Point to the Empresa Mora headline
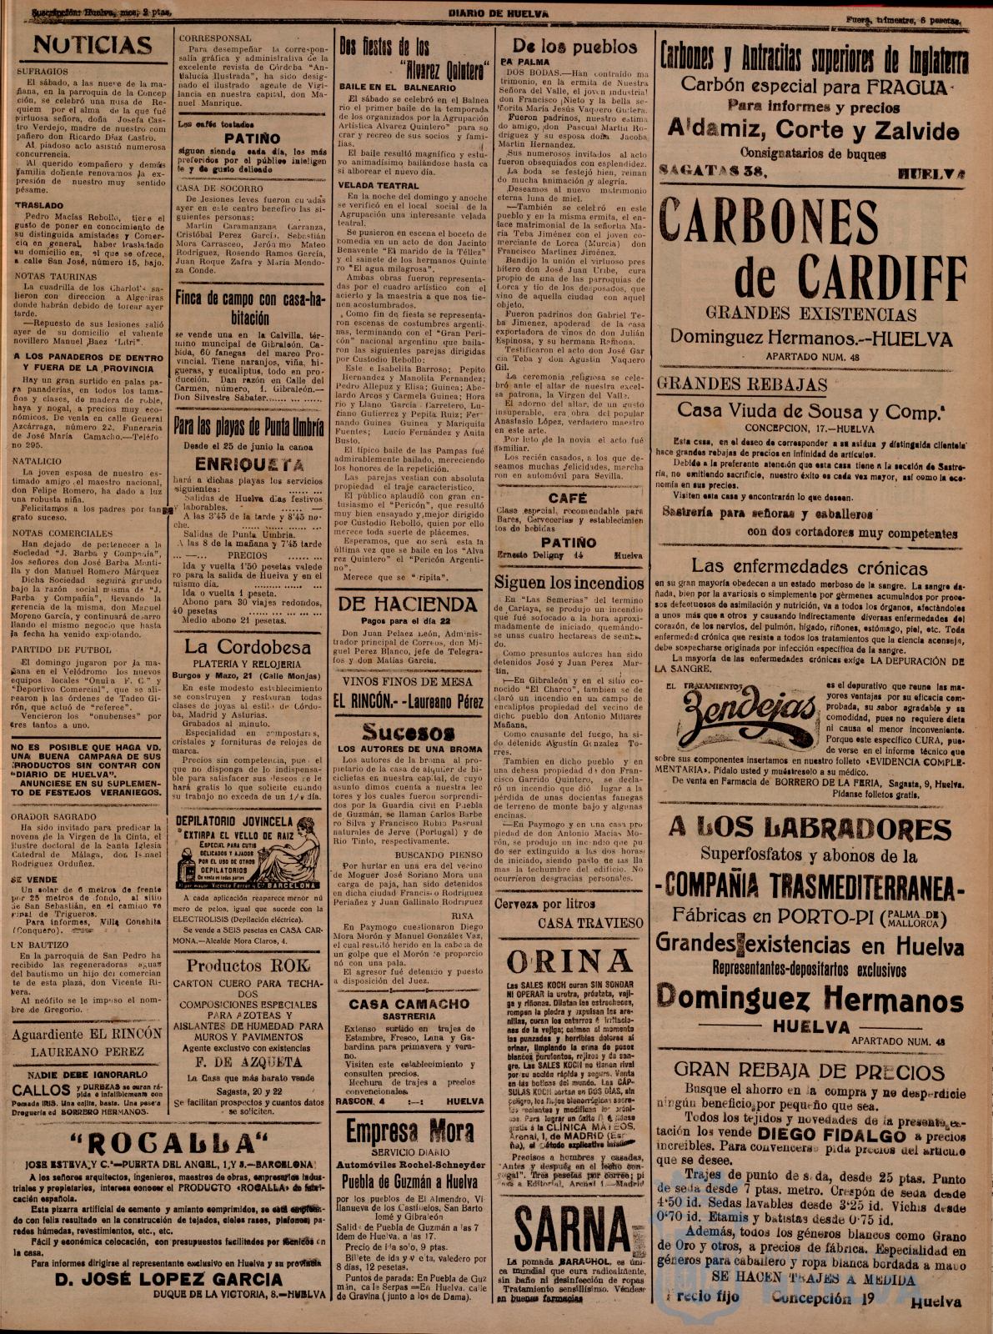pyautogui.click(x=407, y=1132)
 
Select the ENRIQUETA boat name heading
pyautogui.click(x=248, y=464)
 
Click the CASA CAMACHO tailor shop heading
pyautogui.click(x=409, y=1004)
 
